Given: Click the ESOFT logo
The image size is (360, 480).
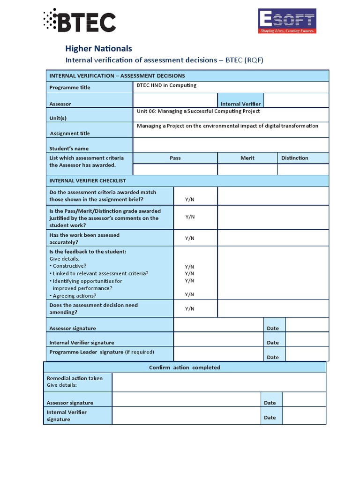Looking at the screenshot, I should (x=287, y=21).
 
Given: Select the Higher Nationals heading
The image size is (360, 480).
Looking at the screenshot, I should (x=98, y=48).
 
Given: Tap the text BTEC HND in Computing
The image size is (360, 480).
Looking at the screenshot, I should (x=166, y=85).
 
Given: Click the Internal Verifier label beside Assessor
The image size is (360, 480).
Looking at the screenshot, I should (x=240, y=104).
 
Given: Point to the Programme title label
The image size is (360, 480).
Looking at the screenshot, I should (x=70, y=87).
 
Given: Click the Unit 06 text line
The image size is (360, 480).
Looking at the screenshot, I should (x=198, y=111).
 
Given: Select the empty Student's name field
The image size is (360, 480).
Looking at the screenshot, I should (x=231, y=145).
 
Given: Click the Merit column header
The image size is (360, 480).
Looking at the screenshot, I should (x=247, y=158).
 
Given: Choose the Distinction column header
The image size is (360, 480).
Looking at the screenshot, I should (x=294, y=158).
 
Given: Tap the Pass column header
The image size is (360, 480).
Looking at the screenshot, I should (x=175, y=158).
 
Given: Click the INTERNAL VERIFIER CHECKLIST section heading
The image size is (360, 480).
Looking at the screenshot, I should (x=88, y=180).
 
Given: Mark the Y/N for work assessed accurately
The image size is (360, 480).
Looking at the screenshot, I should (x=190, y=238).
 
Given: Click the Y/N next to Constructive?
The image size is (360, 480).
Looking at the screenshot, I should (x=190, y=266).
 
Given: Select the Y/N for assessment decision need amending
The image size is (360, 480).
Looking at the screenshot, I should (x=190, y=308).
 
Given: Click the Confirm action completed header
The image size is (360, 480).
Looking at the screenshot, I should (x=184, y=367).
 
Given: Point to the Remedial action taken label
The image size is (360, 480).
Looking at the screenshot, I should (x=75, y=378).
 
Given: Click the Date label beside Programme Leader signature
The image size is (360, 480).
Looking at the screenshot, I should (x=273, y=357).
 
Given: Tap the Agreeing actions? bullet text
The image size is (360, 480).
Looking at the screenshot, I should (x=75, y=296).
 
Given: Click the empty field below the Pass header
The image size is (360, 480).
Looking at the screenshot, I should (x=175, y=169).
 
